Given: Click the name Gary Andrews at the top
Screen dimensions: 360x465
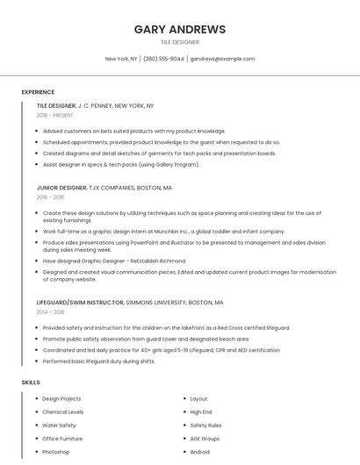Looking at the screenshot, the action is pos(179,29).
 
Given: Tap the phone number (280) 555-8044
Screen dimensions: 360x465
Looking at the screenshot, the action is pos(163,59).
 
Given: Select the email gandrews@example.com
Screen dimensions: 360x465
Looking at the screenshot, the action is pos(222,59).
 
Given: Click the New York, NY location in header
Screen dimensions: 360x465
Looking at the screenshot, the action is pos(121,59).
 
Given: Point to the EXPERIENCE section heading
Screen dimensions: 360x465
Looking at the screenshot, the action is pos(38,92).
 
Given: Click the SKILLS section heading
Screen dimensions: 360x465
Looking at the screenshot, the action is pos(31,383).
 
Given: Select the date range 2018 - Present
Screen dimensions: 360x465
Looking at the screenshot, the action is pos(55,115).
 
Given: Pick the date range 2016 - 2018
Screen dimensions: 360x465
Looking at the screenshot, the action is pos(50,197).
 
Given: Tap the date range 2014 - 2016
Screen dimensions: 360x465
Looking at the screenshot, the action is pos(50,311).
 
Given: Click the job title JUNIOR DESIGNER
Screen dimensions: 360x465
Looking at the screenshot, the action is pos(61,188).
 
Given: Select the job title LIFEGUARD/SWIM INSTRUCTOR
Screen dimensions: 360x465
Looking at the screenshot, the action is pos(80,302).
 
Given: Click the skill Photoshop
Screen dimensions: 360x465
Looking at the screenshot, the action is pos(55,452).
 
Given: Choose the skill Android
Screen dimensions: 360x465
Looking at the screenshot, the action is pos(200,452).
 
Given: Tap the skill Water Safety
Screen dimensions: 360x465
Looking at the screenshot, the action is pos(59,426).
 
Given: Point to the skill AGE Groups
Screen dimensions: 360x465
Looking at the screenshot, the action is pos(205,439).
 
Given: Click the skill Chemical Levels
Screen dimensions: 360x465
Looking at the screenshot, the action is pos(63,412).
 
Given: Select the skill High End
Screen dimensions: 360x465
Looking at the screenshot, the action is pos(201,412).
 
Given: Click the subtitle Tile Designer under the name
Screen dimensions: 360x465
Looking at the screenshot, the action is pos(179,42).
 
